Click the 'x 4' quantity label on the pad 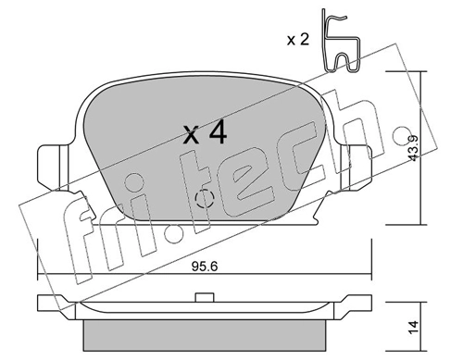[205, 132]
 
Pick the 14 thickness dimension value [413, 323]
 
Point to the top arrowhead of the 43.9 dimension [422, 74]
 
